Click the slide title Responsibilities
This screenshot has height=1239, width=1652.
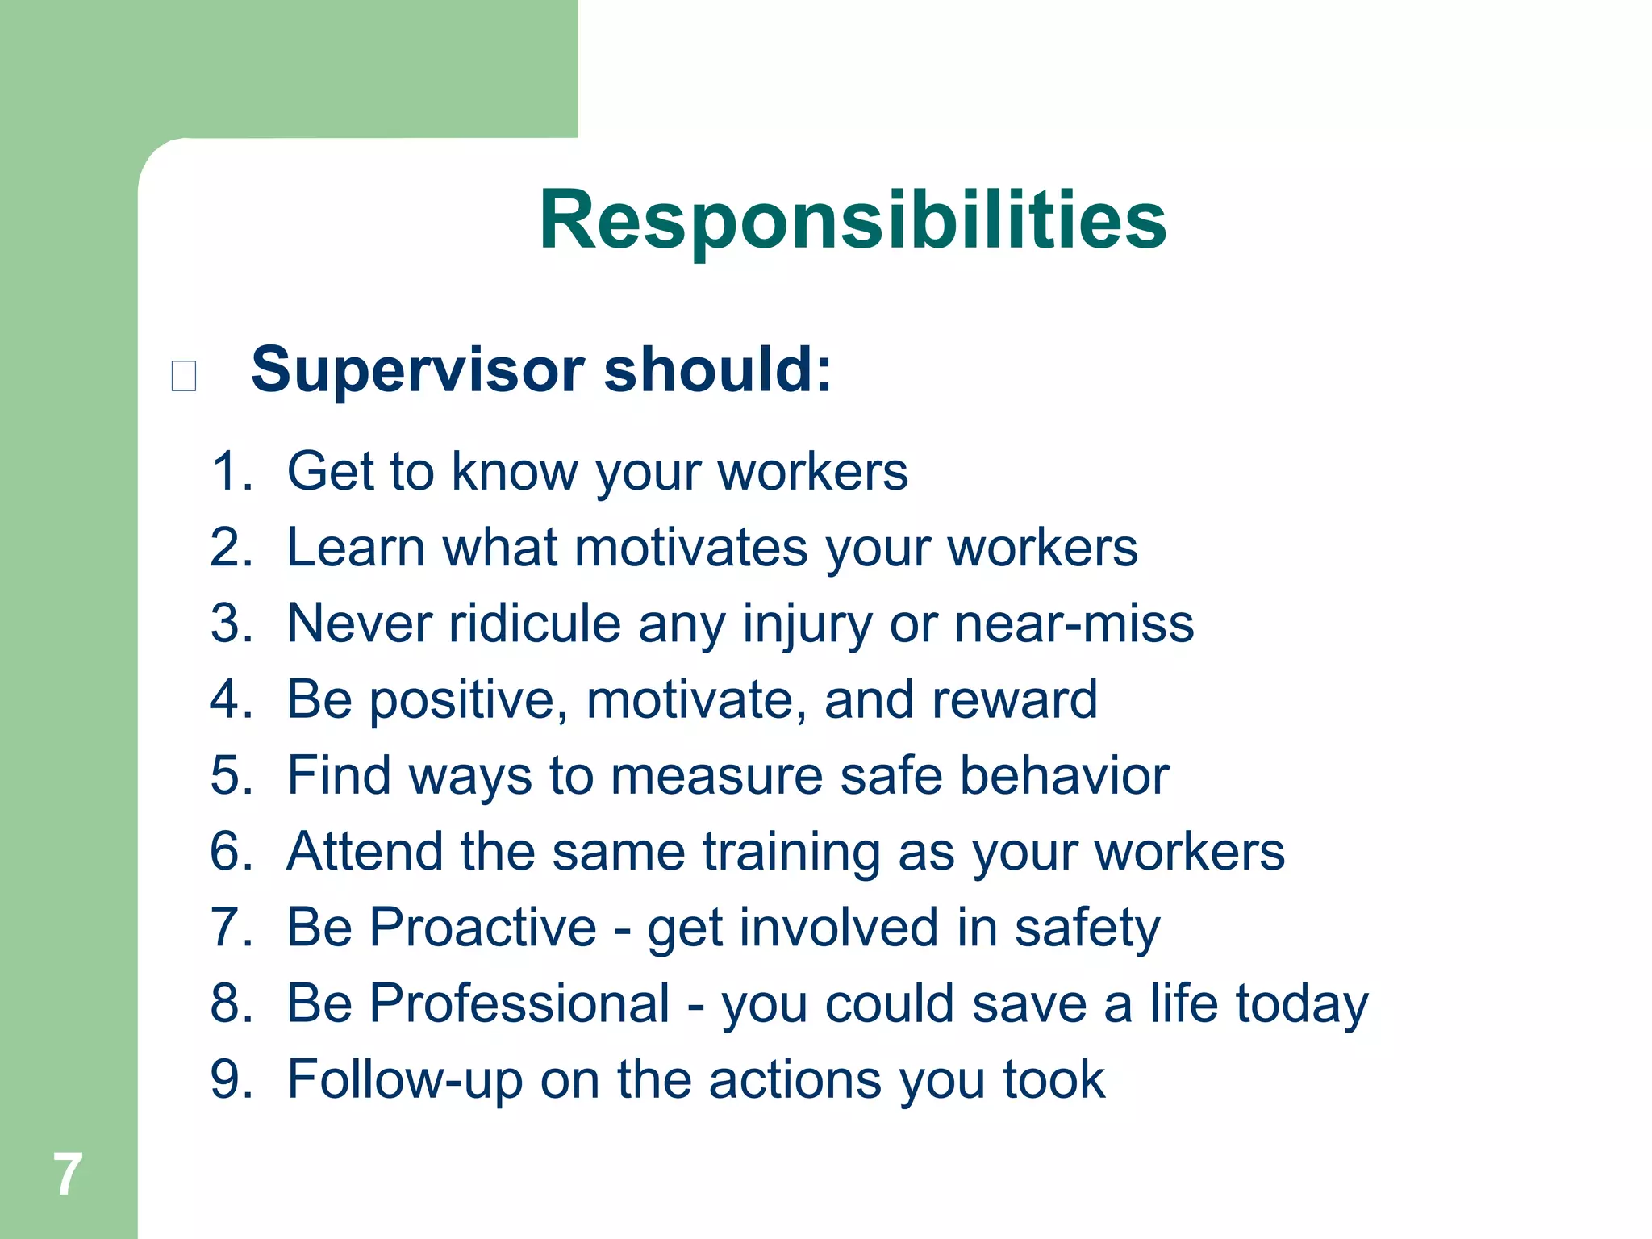click(x=853, y=220)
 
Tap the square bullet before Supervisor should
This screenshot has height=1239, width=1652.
click(x=184, y=376)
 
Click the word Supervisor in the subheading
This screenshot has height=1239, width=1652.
click(x=418, y=371)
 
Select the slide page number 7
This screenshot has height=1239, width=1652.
click(x=68, y=1174)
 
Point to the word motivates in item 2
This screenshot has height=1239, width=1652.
click(x=690, y=548)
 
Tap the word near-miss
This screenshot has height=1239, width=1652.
click(x=1073, y=624)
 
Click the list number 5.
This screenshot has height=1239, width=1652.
click(x=231, y=776)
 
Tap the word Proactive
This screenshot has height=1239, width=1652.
click(x=482, y=928)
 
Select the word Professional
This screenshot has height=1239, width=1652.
click(x=519, y=1003)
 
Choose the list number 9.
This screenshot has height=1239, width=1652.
click(x=231, y=1080)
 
